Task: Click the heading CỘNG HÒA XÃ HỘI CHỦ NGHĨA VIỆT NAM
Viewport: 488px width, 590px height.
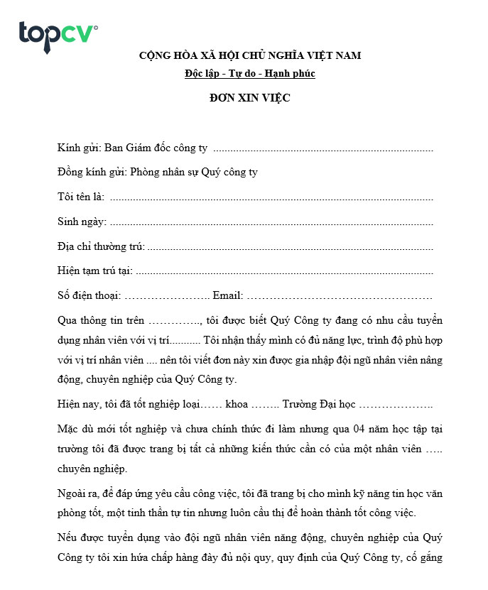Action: click(250, 55)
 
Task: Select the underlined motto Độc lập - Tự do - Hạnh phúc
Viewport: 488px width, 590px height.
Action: click(249, 73)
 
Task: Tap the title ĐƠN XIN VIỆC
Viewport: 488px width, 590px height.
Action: click(249, 98)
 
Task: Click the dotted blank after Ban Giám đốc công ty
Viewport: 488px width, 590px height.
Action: click(323, 149)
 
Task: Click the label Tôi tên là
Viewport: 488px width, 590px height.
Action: click(80, 197)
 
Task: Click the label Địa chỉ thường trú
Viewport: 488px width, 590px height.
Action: click(100, 246)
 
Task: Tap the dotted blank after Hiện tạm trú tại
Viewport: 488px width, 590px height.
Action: click(284, 271)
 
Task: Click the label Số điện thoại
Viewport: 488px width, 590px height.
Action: click(89, 295)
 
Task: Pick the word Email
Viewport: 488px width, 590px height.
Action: click(227, 295)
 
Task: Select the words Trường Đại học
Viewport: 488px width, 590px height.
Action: click(318, 404)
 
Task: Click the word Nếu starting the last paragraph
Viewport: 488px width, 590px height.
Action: click(66, 537)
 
